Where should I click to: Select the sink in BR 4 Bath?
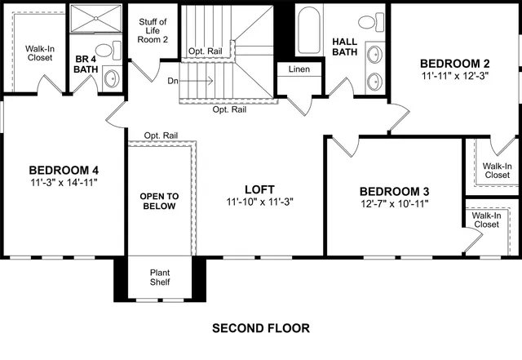[x=111, y=78]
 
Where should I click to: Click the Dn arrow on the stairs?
[x=196, y=81]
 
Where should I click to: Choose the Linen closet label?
[x=299, y=69]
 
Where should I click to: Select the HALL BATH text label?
[x=346, y=47]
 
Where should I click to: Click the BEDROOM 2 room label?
[x=454, y=63]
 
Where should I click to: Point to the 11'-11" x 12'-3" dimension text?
[x=454, y=76]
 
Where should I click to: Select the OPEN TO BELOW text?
[x=159, y=201]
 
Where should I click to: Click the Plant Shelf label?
[x=159, y=278]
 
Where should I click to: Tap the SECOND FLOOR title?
[x=261, y=329]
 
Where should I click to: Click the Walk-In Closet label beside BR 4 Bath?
[x=40, y=54]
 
